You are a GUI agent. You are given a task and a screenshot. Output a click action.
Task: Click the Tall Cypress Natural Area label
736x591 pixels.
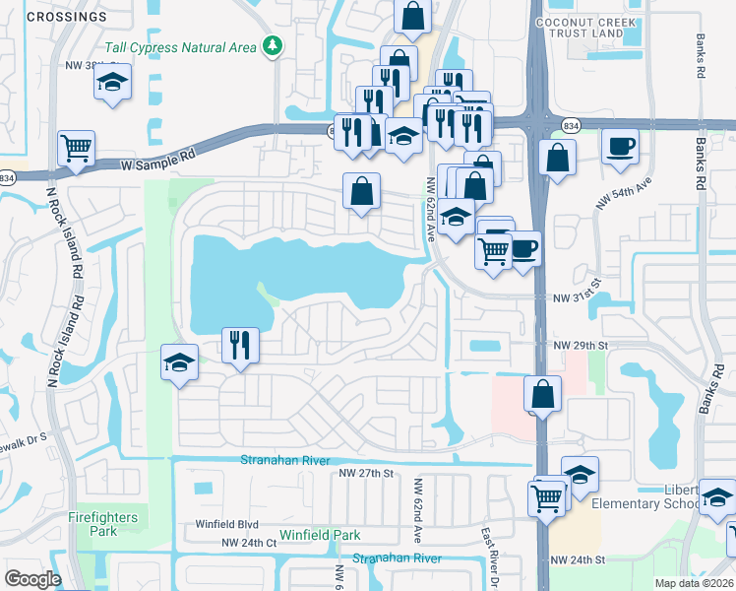tap(181, 47)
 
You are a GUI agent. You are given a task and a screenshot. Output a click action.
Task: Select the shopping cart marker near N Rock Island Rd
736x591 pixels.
tap(76, 149)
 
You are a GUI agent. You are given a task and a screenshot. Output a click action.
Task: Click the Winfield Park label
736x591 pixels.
tap(320, 535)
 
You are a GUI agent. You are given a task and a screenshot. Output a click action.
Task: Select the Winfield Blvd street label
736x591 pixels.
tap(226, 525)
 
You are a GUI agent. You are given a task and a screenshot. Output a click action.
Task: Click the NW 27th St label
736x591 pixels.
tap(366, 474)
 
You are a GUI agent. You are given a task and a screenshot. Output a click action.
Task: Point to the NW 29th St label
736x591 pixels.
tap(581, 346)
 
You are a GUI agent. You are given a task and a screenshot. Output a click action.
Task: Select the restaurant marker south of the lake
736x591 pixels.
tap(240, 346)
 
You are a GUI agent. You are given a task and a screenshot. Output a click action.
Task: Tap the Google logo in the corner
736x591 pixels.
tap(32, 579)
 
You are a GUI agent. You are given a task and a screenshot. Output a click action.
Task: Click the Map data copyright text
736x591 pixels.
tap(695, 583)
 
